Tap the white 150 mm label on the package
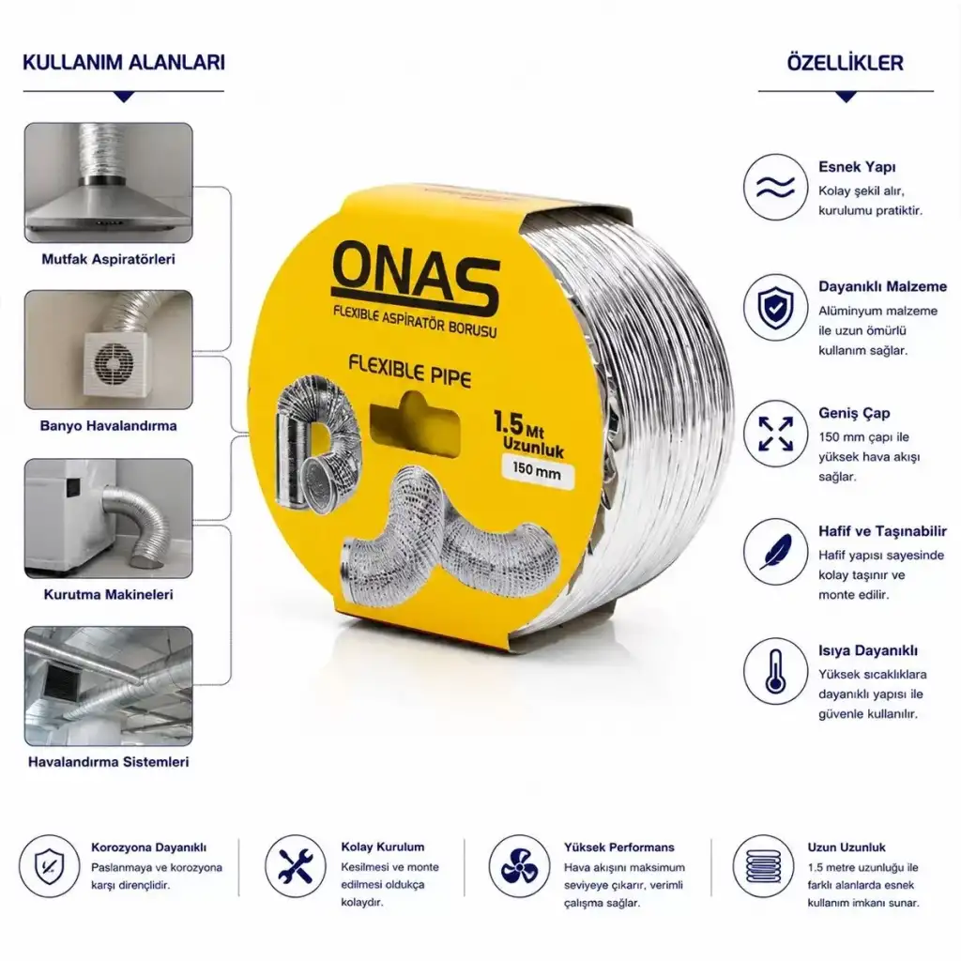tap(538, 472)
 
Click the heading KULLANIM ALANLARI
tap(124, 63)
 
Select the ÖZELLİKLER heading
tap(846, 63)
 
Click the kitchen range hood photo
tap(109, 183)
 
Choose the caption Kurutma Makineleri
tap(109, 594)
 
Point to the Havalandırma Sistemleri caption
tap(109, 762)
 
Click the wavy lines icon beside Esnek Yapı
tap(775, 187)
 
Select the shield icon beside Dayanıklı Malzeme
tap(775, 307)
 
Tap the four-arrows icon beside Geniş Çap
tap(775, 434)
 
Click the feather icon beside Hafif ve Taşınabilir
tap(775, 552)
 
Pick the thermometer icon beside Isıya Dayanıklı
tap(775, 671)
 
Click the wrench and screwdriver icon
tap(296, 866)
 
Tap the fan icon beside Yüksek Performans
tap(519, 866)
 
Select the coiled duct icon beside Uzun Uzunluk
tap(763, 866)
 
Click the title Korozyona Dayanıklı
tap(149, 847)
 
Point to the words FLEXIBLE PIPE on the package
tap(410, 370)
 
